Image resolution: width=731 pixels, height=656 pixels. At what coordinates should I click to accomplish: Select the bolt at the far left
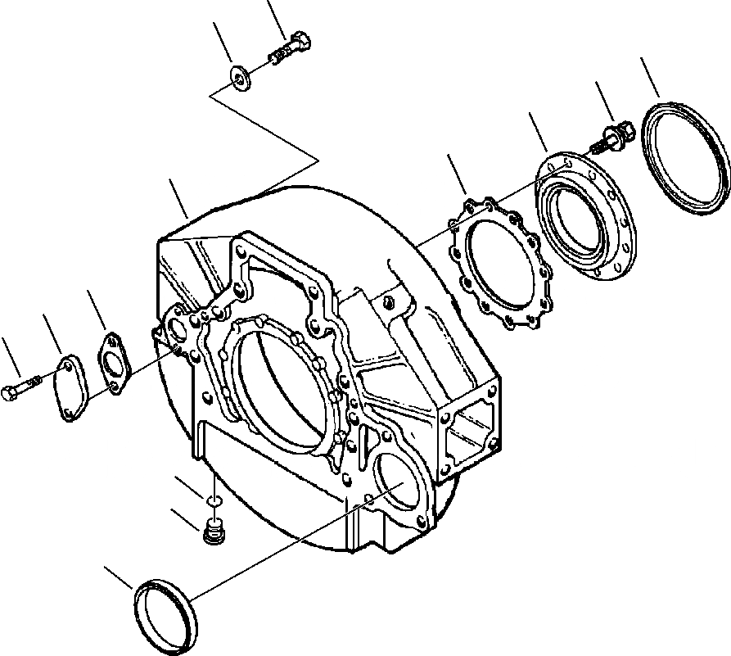point(20,386)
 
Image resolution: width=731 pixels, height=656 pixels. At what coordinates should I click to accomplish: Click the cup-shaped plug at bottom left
point(164,613)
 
